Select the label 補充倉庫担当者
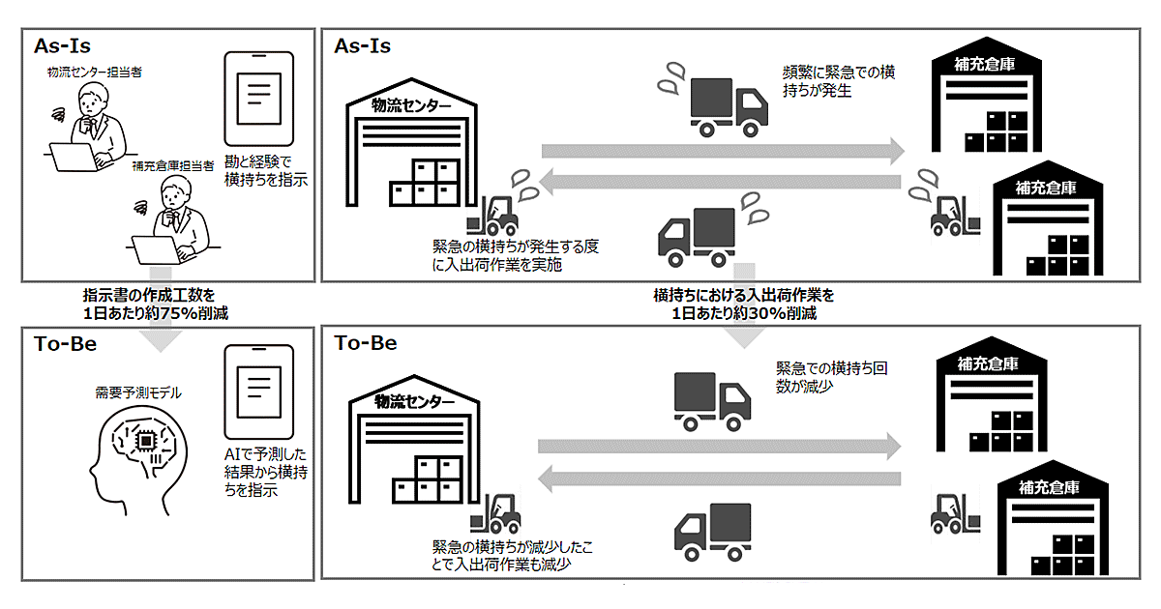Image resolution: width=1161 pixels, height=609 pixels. (x=174, y=166)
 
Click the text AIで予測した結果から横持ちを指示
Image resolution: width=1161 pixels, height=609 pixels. (x=259, y=473)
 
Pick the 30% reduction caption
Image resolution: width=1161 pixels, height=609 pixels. (x=743, y=304)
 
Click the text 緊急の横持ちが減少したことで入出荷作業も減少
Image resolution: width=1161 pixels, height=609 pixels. (x=513, y=556)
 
